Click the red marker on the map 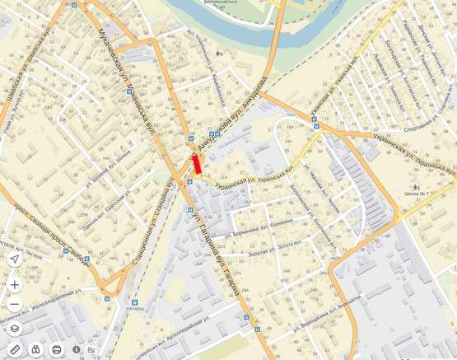point(196,163)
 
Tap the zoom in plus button point(14,284)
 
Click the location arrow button point(14,259)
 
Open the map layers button point(14,328)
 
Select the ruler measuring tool point(14,349)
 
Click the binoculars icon point(35,349)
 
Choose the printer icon point(57,349)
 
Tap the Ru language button point(91,349)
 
